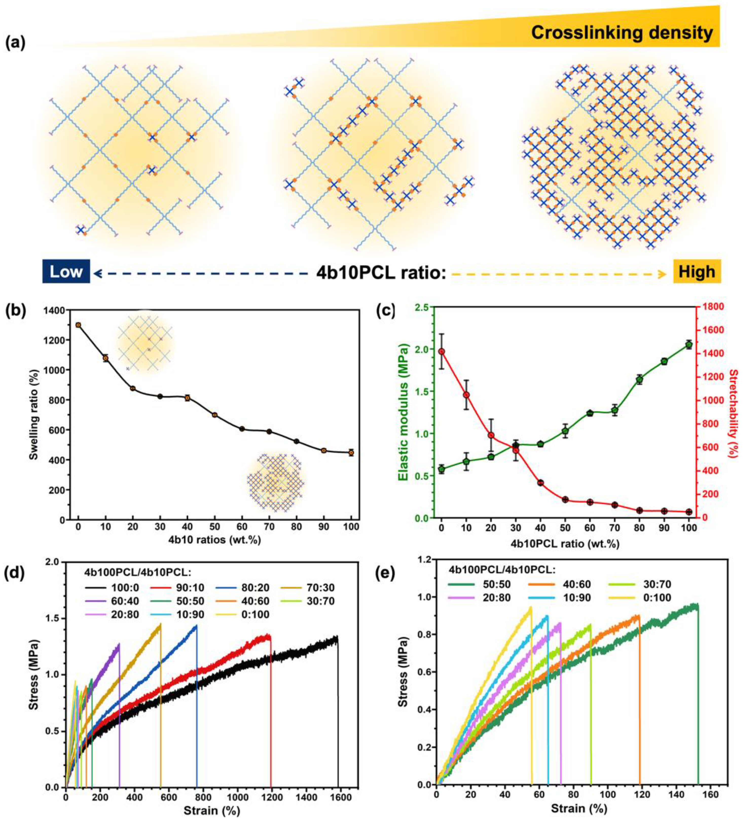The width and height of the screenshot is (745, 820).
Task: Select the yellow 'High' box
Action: (697, 271)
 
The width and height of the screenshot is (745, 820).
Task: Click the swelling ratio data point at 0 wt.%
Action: (78, 325)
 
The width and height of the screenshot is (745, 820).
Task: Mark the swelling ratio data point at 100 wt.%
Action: (351, 452)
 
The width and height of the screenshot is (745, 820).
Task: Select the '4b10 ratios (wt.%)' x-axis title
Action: (215, 540)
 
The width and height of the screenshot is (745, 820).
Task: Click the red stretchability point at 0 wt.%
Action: (441, 352)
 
